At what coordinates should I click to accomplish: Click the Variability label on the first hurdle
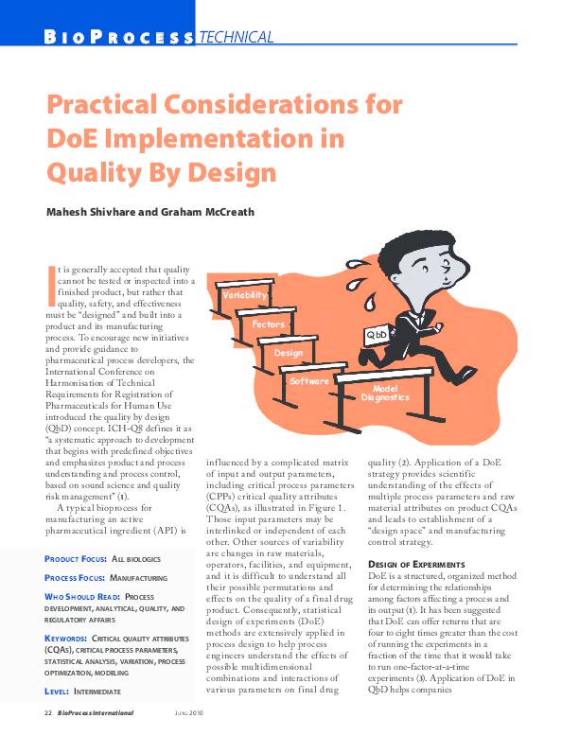coord(244,295)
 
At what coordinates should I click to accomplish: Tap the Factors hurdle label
coord(269,324)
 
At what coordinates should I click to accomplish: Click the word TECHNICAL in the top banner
coord(236,38)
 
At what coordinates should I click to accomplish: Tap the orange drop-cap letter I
coord(51,280)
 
